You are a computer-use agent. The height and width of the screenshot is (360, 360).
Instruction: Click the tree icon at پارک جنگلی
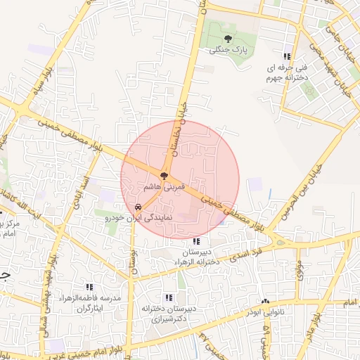coord(226,37)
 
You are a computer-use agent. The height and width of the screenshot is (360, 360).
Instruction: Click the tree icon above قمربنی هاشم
coord(164,176)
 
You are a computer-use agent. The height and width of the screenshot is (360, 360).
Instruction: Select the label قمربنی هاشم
coord(164,188)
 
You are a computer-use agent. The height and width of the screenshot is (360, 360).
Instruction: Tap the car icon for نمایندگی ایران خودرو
coord(139,208)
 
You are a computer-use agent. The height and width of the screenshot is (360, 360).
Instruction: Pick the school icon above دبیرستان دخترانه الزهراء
coord(195,241)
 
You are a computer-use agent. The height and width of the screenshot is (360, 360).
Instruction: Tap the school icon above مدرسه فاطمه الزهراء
coord(89,287)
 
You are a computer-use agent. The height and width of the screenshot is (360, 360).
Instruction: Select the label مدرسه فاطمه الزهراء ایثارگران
coord(98,303)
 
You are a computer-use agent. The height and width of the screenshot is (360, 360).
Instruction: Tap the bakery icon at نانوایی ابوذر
coord(265,300)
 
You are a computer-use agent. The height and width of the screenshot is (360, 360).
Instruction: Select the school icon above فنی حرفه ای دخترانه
coord(286,56)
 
